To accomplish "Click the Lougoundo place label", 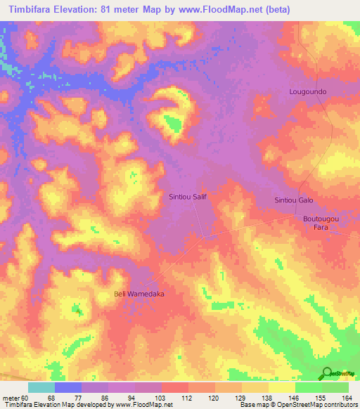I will point(308,91).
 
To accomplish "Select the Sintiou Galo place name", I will point(293,200).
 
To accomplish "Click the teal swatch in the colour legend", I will point(41,387).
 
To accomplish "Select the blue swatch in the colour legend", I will point(67,387).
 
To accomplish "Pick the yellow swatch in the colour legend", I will point(281,387).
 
